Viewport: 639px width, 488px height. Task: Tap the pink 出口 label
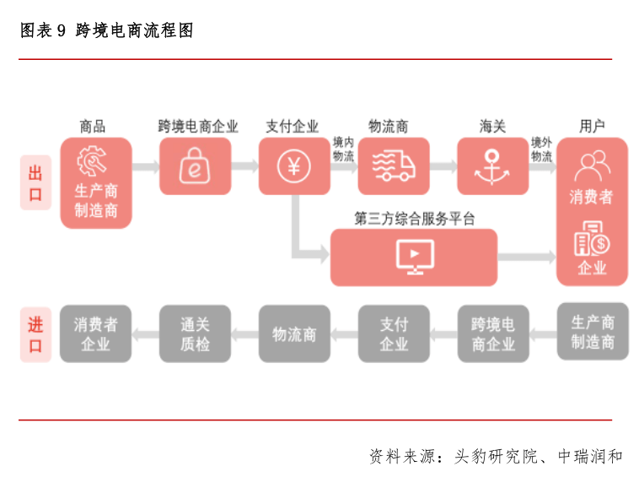tap(35, 182)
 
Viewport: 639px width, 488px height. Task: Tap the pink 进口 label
tap(35, 333)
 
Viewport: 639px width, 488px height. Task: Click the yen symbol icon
tap(293, 165)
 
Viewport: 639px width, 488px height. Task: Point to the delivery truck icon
tap(395, 165)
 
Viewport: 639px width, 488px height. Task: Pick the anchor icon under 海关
tap(493, 165)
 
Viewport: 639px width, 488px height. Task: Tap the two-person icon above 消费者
tap(592, 165)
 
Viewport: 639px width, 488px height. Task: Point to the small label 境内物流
tap(343, 149)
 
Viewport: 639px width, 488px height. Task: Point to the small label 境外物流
tap(541, 149)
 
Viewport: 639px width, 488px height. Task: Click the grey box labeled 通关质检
tap(195, 333)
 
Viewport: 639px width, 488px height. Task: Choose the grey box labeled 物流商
tap(293, 333)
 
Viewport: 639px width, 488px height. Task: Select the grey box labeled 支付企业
tap(394, 333)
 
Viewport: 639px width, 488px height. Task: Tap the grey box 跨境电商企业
tap(493, 333)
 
